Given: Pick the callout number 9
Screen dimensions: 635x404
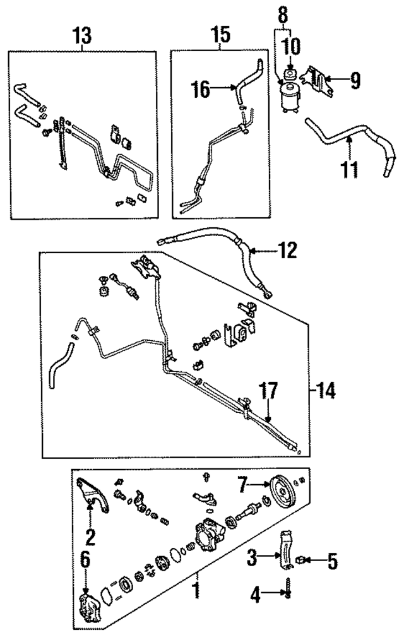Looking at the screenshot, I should (355, 80).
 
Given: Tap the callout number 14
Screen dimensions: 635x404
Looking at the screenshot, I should (326, 391).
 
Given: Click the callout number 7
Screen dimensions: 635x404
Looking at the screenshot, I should (242, 485).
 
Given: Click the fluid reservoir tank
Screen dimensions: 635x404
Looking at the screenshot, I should (290, 97).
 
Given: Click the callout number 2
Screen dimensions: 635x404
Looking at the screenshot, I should (90, 537).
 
